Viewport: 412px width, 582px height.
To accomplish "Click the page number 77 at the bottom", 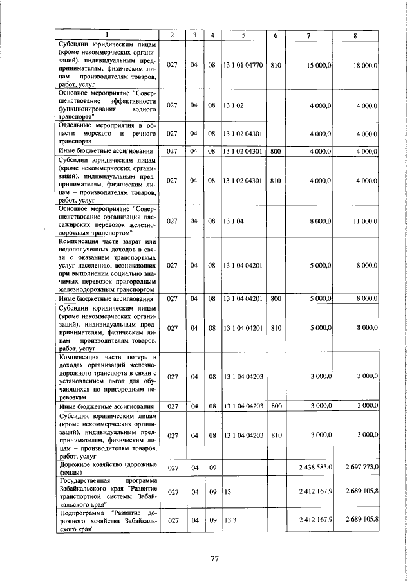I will coord(215,558).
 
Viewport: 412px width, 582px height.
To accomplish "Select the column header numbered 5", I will coord(243,35).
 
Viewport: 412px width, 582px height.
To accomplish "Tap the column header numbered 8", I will coord(355,35).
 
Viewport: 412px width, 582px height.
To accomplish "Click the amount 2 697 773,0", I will coord(361,466).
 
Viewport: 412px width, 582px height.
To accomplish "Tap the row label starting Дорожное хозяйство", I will coord(104,466).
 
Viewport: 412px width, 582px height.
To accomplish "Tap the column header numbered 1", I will coord(106,35).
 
